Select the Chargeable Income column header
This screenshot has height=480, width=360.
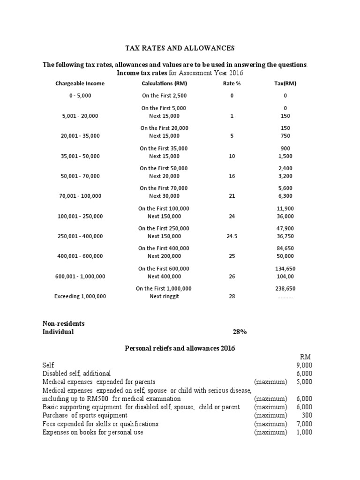(x=80, y=83)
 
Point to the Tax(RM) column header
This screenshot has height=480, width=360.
(x=285, y=83)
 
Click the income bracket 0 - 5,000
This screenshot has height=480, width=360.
(x=80, y=96)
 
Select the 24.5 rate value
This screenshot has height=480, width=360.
(x=232, y=236)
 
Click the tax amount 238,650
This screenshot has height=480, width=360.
(x=285, y=288)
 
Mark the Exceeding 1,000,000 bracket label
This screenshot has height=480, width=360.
(x=80, y=296)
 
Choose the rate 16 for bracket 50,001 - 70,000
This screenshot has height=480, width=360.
(x=232, y=176)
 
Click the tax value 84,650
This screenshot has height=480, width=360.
(x=285, y=248)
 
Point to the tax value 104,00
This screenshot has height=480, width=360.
(x=285, y=277)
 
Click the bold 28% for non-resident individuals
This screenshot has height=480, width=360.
(x=240, y=332)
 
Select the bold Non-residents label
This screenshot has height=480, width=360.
(x=64, y=323)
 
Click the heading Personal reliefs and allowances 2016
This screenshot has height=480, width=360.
(x=180, y=348)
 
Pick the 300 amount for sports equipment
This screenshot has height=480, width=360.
(x=307, y=415)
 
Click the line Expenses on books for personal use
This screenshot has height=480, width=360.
(x=93, y=432)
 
